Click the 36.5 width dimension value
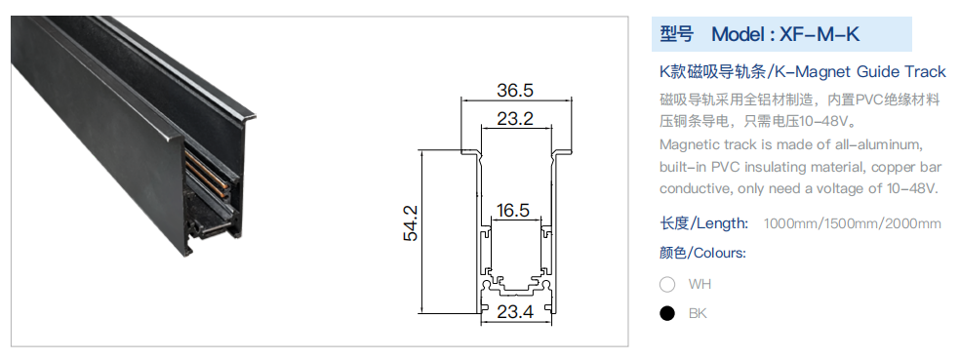point(515,90)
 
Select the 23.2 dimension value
point(515,118)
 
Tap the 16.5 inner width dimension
point(513,211)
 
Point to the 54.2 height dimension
point(410,222)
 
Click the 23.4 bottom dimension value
point(515,311)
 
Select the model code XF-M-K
point(820,34)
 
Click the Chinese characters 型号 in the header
point(676,34)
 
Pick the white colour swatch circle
point(667,284)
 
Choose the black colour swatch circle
point(667,313)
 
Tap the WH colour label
point(700,284)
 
